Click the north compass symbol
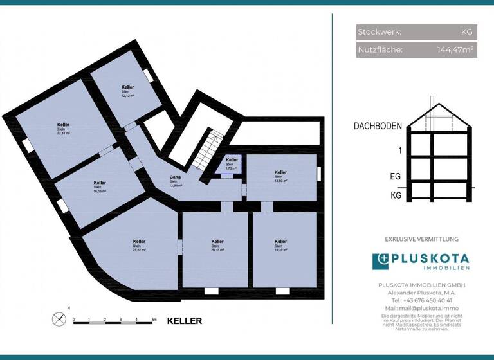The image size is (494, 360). coord(59,318)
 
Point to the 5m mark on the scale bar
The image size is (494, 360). coord(154,319)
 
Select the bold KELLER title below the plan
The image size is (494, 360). coord(185,321)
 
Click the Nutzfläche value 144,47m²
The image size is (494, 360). coord(457,50)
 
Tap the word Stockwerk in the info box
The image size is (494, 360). coord(380,32)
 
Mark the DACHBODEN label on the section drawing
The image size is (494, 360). coord(378,127)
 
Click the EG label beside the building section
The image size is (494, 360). coord(396,175)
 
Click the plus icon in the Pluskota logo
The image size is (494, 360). coord(381,261)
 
